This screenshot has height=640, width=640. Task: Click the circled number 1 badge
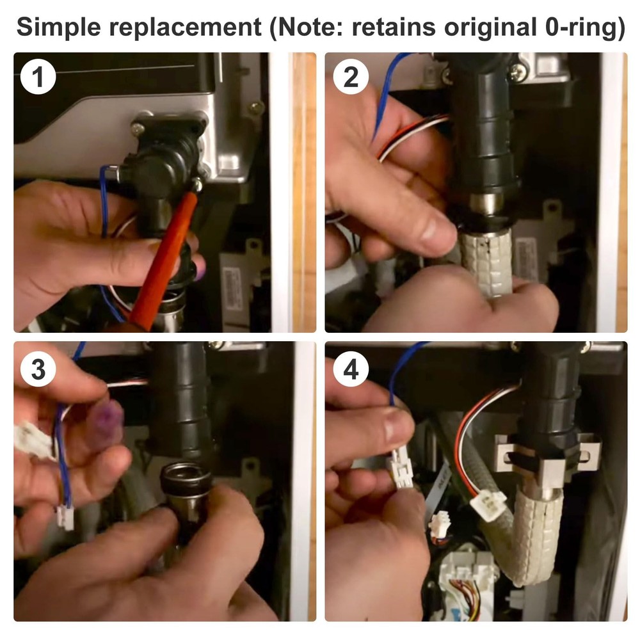click(38, 77)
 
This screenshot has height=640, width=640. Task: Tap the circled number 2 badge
click(351, 77)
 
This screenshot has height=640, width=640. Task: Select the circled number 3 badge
click(38, 369)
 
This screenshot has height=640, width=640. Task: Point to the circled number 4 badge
click(351, 369)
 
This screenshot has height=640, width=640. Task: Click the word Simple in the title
click(58, 28)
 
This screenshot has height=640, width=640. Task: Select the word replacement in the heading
click(185, 28)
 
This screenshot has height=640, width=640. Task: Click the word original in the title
click(490, 28)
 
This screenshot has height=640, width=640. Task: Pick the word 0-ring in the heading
click(581, 28)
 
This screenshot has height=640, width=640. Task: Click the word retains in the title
click(394, 27)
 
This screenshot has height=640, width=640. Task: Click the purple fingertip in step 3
click(106, 421)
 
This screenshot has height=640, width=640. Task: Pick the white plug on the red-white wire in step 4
click(488, 505)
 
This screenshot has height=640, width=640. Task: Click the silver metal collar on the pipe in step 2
click(486, 202)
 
